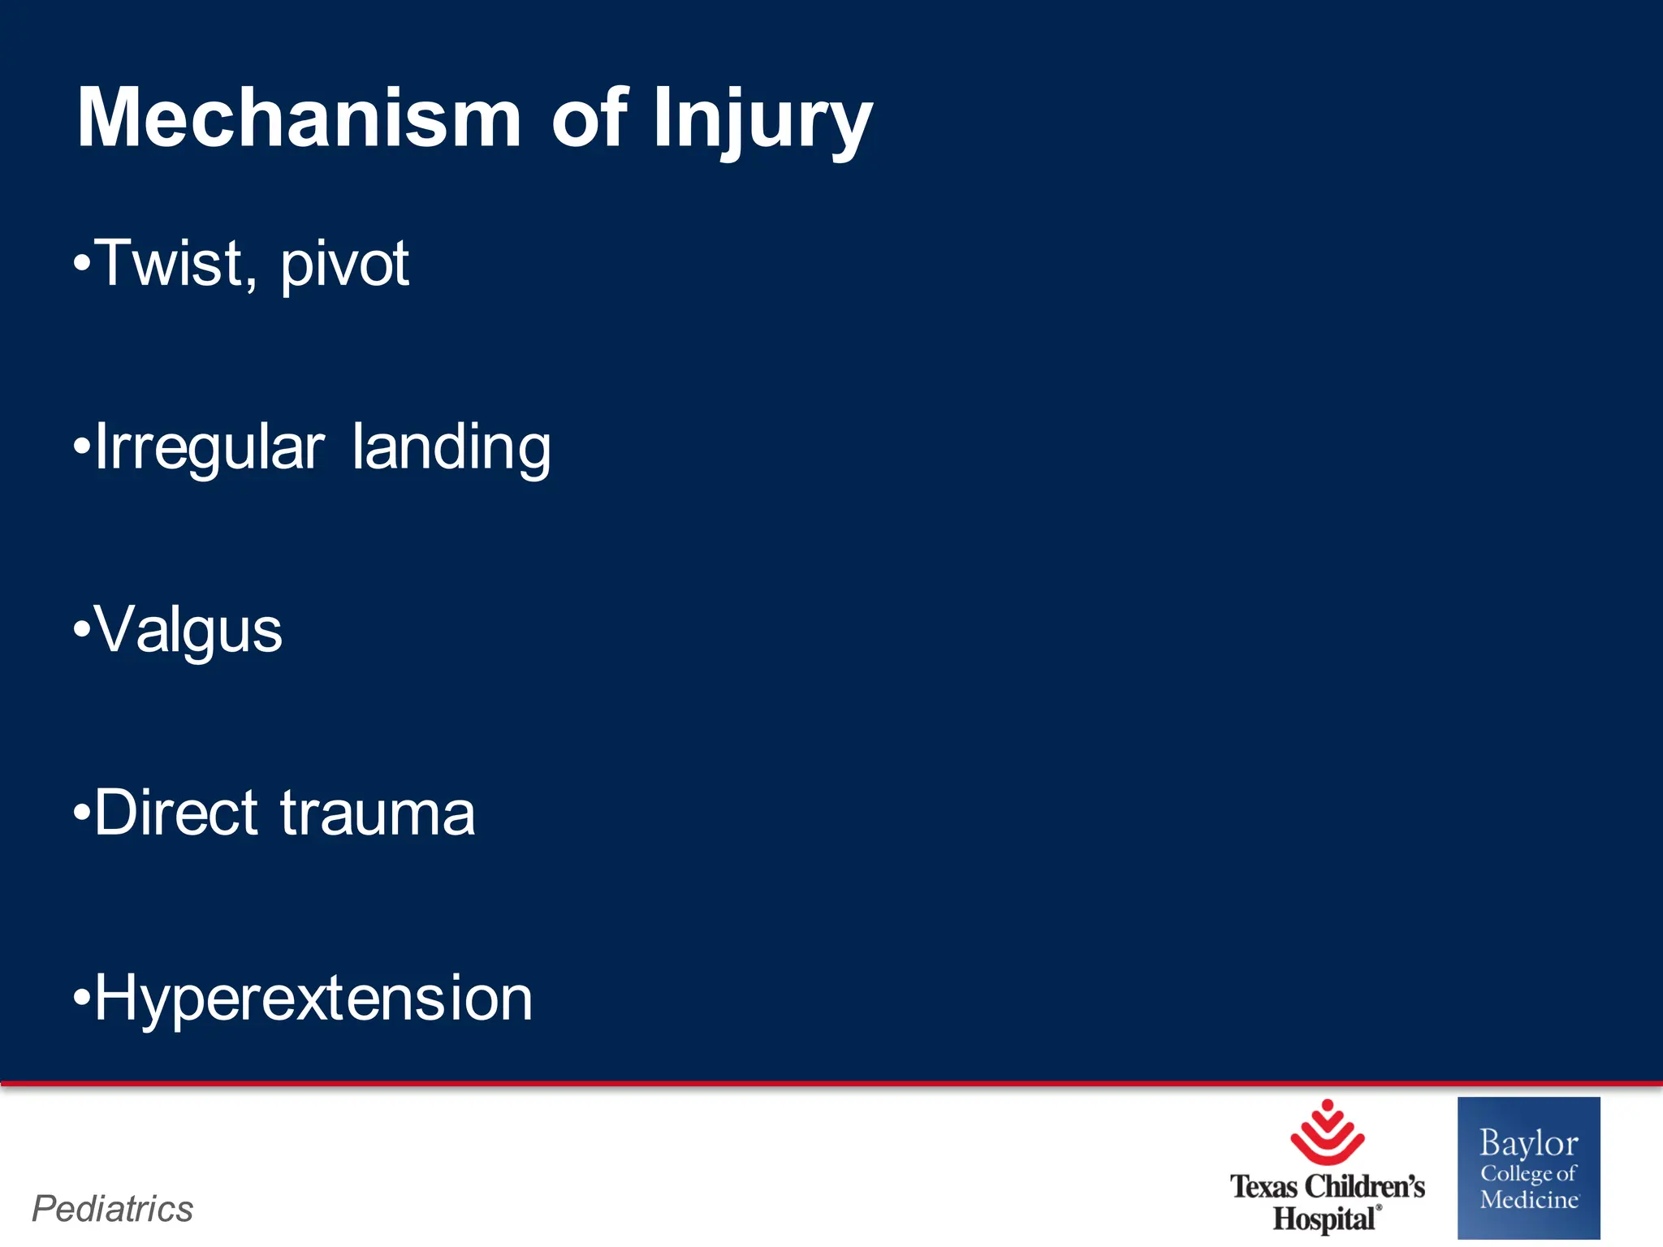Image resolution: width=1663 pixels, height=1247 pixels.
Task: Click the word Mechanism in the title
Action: click(x=299, y=119)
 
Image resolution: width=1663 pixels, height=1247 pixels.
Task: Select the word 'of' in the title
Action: click(x=590, y=119)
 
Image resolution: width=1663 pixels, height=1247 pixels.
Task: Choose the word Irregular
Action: click(x=209, y=447)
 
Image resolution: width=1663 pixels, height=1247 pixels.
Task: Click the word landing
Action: click(x=451, y=447)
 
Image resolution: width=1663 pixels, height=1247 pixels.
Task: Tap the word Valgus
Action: click(x=188, y=631)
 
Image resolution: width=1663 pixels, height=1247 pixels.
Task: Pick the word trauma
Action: click(x=378, y=814)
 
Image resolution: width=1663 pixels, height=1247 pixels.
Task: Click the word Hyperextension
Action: click(x=313, y=998)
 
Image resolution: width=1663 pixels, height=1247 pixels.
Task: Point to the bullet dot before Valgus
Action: click(x=81, y=629)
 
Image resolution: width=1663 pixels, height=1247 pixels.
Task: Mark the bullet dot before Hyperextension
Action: click(x=81, y=996)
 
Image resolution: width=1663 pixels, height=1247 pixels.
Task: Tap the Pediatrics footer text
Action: click(x=113, y=1209)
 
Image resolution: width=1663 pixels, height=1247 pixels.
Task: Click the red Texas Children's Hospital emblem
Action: click(x=1327, y=1133)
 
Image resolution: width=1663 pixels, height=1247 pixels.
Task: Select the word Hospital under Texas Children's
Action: click(x=1324, y=1219)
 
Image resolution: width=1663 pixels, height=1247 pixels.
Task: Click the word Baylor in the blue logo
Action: click(x=1528, y=1143)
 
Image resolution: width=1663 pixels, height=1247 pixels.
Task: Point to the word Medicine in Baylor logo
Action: click(x=1528, y=1200)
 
